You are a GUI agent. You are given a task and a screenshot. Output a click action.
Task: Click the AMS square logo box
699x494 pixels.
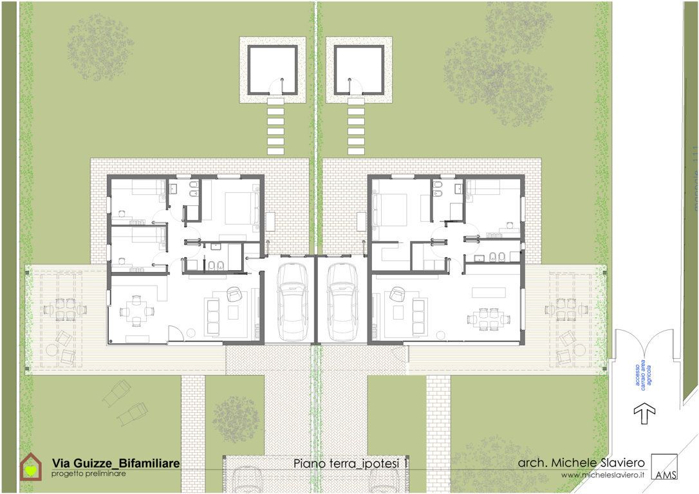[x=664, y=466]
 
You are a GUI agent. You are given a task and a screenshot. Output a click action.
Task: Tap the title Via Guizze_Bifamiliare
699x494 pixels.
[x=116, y=463]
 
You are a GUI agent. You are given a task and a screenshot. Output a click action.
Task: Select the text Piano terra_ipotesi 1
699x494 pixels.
[x=351, y=463]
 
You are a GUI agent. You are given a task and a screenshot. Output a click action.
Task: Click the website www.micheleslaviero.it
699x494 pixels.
[x=602, y=475]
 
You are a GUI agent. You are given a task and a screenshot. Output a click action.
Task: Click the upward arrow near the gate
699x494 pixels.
[x=644, y=411]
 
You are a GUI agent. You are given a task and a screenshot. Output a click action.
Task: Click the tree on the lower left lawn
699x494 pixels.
[x=237, y=419]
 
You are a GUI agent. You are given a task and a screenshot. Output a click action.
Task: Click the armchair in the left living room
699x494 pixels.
[x=234, y=295]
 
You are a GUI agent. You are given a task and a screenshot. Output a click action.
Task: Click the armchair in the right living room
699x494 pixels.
[x=396, y=295]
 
